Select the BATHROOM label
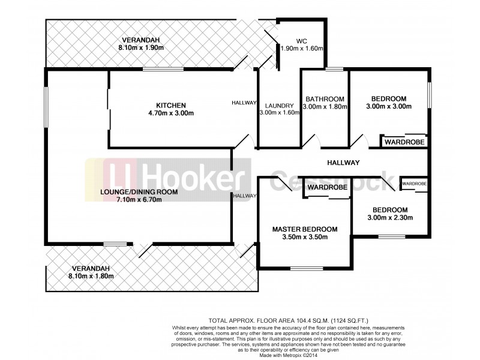coord(325,99)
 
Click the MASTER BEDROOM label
coord(304,229)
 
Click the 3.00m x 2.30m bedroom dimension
coord(391,217)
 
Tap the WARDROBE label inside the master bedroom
coord(327,188)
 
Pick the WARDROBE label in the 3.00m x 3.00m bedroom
coord(405,142)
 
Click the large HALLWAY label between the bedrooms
coord(343,163)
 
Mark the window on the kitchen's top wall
coord(163,70)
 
